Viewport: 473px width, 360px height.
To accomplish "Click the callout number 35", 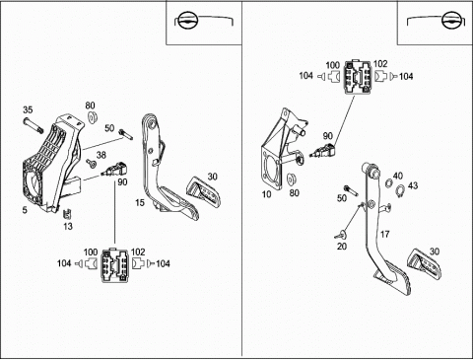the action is [28, 109].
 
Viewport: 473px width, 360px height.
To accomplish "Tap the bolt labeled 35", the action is [34, 125].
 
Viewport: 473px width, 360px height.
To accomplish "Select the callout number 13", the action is [68, 227].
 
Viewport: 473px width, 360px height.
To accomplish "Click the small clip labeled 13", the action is [67, 214].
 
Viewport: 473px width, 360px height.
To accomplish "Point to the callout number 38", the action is [101, 155].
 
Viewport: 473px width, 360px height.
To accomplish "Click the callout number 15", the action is [140, 203].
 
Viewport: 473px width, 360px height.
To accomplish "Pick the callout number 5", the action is [25, 210].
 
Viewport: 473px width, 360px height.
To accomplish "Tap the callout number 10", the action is [267, 194].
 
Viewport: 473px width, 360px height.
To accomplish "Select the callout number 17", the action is [384, 234].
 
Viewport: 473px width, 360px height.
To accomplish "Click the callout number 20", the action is [342, 246].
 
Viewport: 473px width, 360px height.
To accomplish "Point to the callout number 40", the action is [398, 176].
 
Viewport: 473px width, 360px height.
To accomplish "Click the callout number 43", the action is [413, 185].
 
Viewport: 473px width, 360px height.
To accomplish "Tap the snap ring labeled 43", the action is [399, 191].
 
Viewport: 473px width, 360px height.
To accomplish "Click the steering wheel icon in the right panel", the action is [450, 21].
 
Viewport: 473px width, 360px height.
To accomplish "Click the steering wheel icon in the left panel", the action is [186, 21].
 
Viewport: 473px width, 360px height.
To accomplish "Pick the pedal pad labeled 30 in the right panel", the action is [425, 265].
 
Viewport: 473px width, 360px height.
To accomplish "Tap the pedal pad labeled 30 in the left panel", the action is [204, 192].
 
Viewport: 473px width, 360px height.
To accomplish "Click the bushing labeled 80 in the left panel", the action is [93, 117].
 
